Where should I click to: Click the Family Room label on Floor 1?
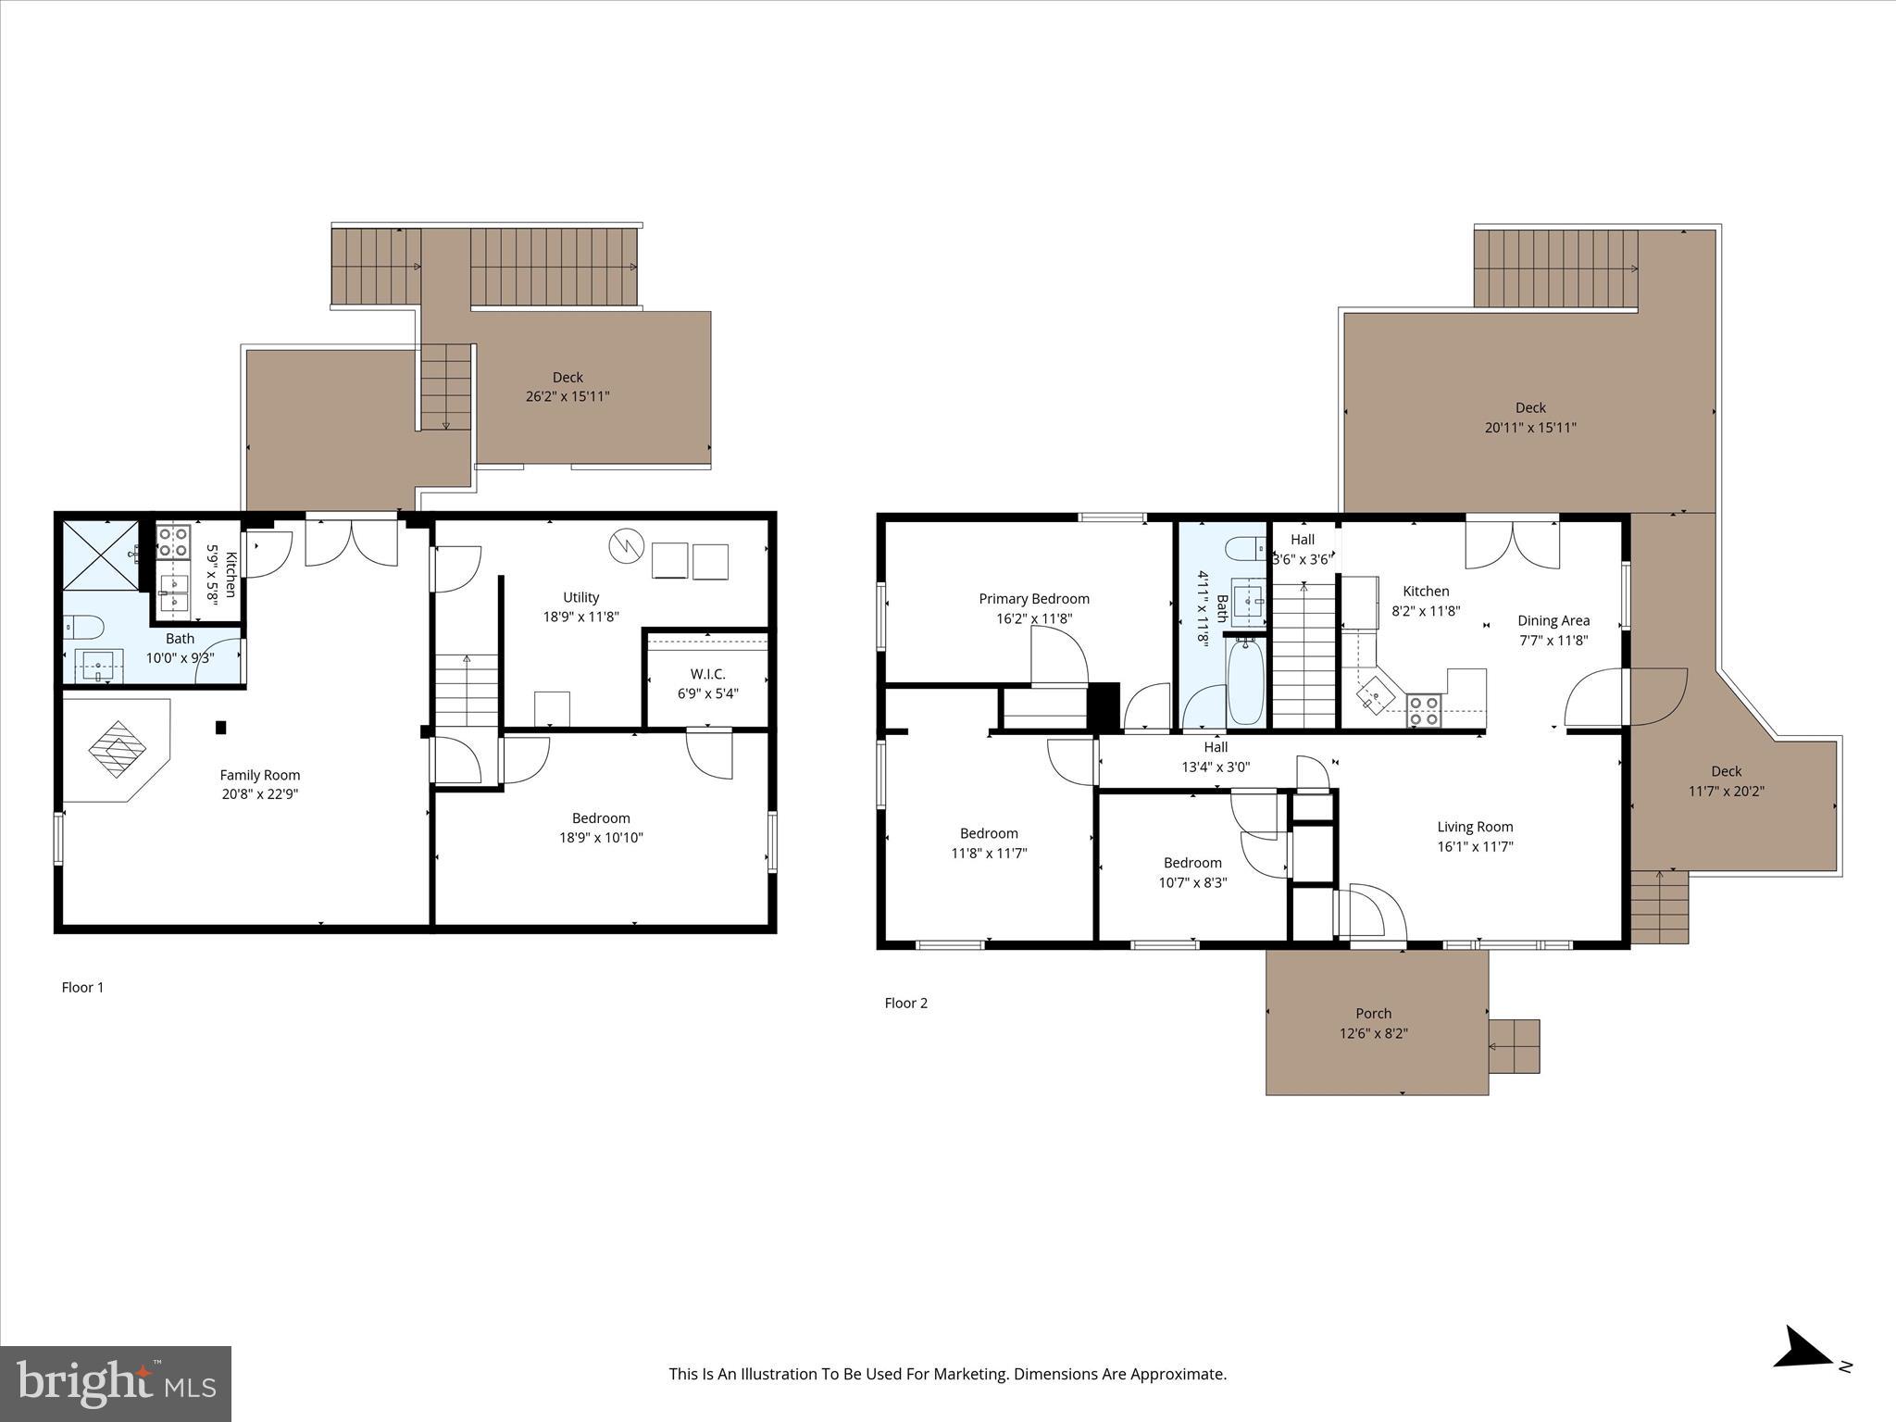pyautogui.click(x=259, y=775)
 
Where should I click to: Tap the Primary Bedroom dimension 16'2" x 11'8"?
pyautogui.click(x=1034, y=618)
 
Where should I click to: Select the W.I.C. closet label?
pyautogui.click(x=707, y=674)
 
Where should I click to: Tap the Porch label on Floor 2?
pyautogui.click(x=1373, y=1013)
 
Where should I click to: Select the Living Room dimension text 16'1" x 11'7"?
pyautogui.click(x=1475, y=846)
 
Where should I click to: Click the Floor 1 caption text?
pyautogui.click(x=82, y=987)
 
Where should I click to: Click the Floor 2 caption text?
pyautogui.click(x=905, y=1003)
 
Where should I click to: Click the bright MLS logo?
pyautogui.click(x=115, y=1384)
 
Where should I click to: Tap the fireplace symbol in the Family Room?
pyautogui.click(x=118, y=748)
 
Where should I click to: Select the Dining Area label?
pyautogui.click(x=1553, y=620)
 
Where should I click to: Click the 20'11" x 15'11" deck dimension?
pyautogui.click(x=1530, y=428)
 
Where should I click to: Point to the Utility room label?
pyautogui.click(x=580, y=597)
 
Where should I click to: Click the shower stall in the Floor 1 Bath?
pyautogui.click(x=99, y=555)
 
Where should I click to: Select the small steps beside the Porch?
pyautogui.click(x=1514, y=1046)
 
